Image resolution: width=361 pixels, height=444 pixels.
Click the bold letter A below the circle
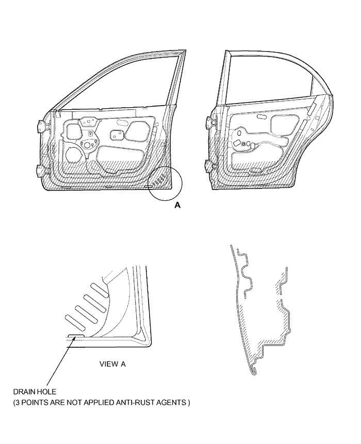coord(177,205)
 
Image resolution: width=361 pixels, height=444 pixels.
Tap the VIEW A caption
coord(112,364)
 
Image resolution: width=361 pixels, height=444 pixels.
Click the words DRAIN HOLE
coord(35,392)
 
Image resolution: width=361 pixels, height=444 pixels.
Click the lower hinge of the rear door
coord(209,165)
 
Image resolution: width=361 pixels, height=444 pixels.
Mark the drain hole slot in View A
coord(76,335)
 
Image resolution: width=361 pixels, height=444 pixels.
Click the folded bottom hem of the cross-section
coord(254,371)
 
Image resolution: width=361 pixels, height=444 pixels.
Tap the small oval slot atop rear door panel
coord(261,116)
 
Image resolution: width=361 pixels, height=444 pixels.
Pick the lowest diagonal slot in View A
coord(75,322)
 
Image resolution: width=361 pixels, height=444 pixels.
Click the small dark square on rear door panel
coord(243,144)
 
